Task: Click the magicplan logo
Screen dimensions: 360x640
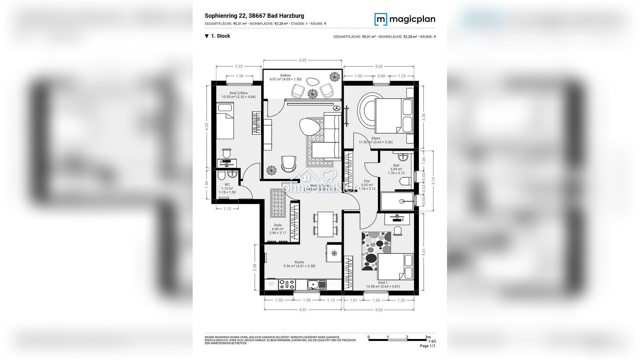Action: point(405,19)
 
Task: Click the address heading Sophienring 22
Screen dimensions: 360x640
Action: point(254,16)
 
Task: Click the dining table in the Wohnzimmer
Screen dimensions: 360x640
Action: point(325,224)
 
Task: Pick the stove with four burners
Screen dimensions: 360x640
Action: point(287,285)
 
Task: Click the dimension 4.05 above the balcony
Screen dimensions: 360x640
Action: point(302,60)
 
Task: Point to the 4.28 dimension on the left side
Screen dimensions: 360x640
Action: point(207,127)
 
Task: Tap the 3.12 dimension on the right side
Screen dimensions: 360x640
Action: point(433,181)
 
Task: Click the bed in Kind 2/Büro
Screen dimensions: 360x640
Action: point(225,121)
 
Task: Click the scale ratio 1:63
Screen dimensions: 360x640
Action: point(432,341)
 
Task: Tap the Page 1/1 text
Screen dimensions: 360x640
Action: point(427,346)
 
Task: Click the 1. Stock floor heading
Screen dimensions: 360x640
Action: point(220,36)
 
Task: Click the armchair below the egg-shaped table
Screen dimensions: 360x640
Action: point(288,164)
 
